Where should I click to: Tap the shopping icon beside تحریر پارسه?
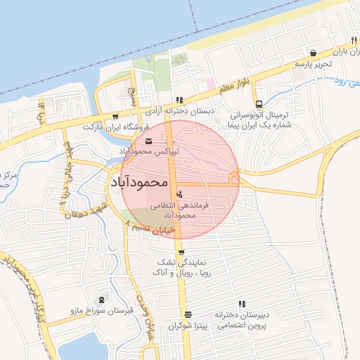pos(313,53)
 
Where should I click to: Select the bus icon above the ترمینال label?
pos(259,103)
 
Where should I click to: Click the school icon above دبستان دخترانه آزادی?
pos(179,100)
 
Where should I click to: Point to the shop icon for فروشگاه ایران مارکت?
pos(115,117)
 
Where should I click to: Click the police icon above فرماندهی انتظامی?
pos(180,193)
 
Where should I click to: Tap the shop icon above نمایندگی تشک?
pos(181,252)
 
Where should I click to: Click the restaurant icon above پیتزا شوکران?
pos(187,315)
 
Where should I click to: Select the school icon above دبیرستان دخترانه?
pos(243,304)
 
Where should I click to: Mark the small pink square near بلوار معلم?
pos(210,84)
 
